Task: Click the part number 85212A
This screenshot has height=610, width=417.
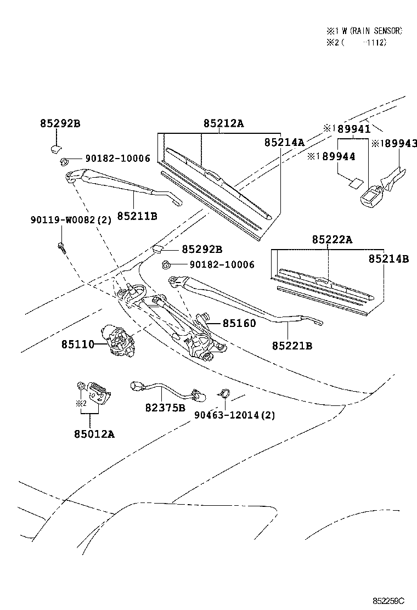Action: pos(223,123)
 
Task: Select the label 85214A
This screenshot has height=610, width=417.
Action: pos(284,142)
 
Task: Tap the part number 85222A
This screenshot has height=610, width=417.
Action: pos(332,240)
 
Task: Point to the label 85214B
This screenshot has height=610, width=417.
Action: pos(388,259)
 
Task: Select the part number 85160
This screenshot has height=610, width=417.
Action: pos(239,324)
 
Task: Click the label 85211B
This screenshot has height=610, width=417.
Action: pos(137,216)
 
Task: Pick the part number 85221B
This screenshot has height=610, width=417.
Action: pos(291,346)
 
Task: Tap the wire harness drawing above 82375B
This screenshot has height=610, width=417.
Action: pos(163,391)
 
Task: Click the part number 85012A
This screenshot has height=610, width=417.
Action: pos(94,434)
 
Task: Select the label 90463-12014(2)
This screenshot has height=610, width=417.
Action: pos(234,415)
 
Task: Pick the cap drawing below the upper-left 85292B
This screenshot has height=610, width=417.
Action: pos(55,146)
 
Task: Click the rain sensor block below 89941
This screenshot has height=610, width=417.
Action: pos(371,193)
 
